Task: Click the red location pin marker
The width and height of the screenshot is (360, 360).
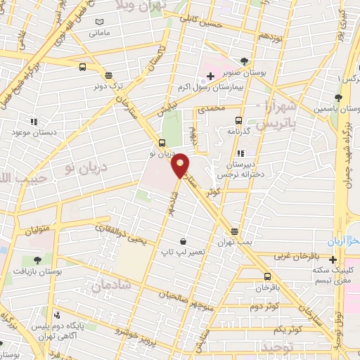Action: (x=181, y=166)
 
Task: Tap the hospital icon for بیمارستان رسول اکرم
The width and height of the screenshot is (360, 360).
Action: (x=210, y=75)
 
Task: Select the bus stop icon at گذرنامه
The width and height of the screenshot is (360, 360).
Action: (x=238, y=120)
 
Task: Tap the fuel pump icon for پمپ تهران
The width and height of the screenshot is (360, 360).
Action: (x=234, y=231)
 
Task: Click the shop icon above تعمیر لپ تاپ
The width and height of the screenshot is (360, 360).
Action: (x=183, y=240)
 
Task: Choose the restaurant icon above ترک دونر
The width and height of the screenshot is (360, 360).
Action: (x=108, y=75)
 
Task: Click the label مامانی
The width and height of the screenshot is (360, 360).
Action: (x=98, y=32)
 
